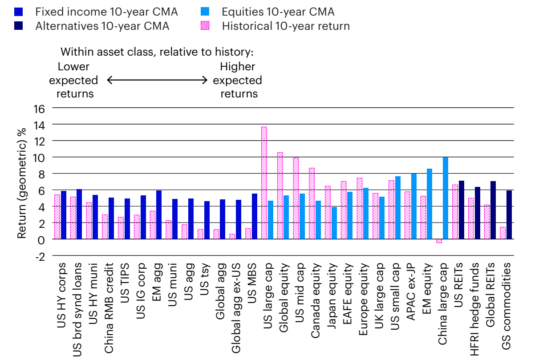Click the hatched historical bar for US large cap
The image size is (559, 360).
pos(264,183)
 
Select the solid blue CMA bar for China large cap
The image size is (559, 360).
pos(446,198)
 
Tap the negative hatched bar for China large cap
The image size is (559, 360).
pos(439,241)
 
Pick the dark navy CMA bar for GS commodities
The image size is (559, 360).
pos(509,214)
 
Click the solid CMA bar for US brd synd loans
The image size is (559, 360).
pos(79,214)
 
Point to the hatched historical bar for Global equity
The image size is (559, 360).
pos(280,196)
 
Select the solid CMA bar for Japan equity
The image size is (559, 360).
pos(334,223)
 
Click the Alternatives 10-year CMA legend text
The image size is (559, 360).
pos(102,26)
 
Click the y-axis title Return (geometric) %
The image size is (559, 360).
pos(21,182)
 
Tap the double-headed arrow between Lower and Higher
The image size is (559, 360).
pos(157,81)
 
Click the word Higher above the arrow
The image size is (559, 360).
pos(237,67)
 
